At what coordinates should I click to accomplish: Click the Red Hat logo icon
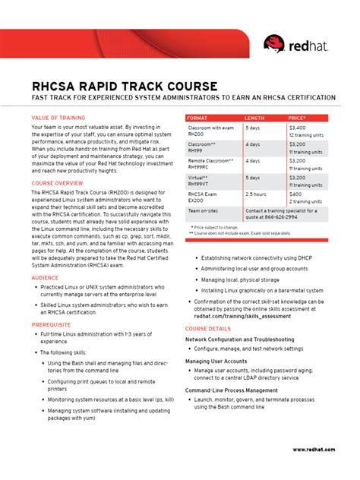click(x=274, y=44)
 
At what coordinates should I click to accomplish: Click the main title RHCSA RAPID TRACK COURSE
click(x=125, y=85)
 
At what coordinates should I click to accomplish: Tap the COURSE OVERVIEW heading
click(x=58, y=184)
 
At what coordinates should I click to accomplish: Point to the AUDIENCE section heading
click(x=45, y=278)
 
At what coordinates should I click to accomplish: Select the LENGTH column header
click(x=255, y=118)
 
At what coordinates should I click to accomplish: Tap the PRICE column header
click(x=298, y=118)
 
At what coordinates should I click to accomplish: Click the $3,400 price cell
click(x=298, y=128)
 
